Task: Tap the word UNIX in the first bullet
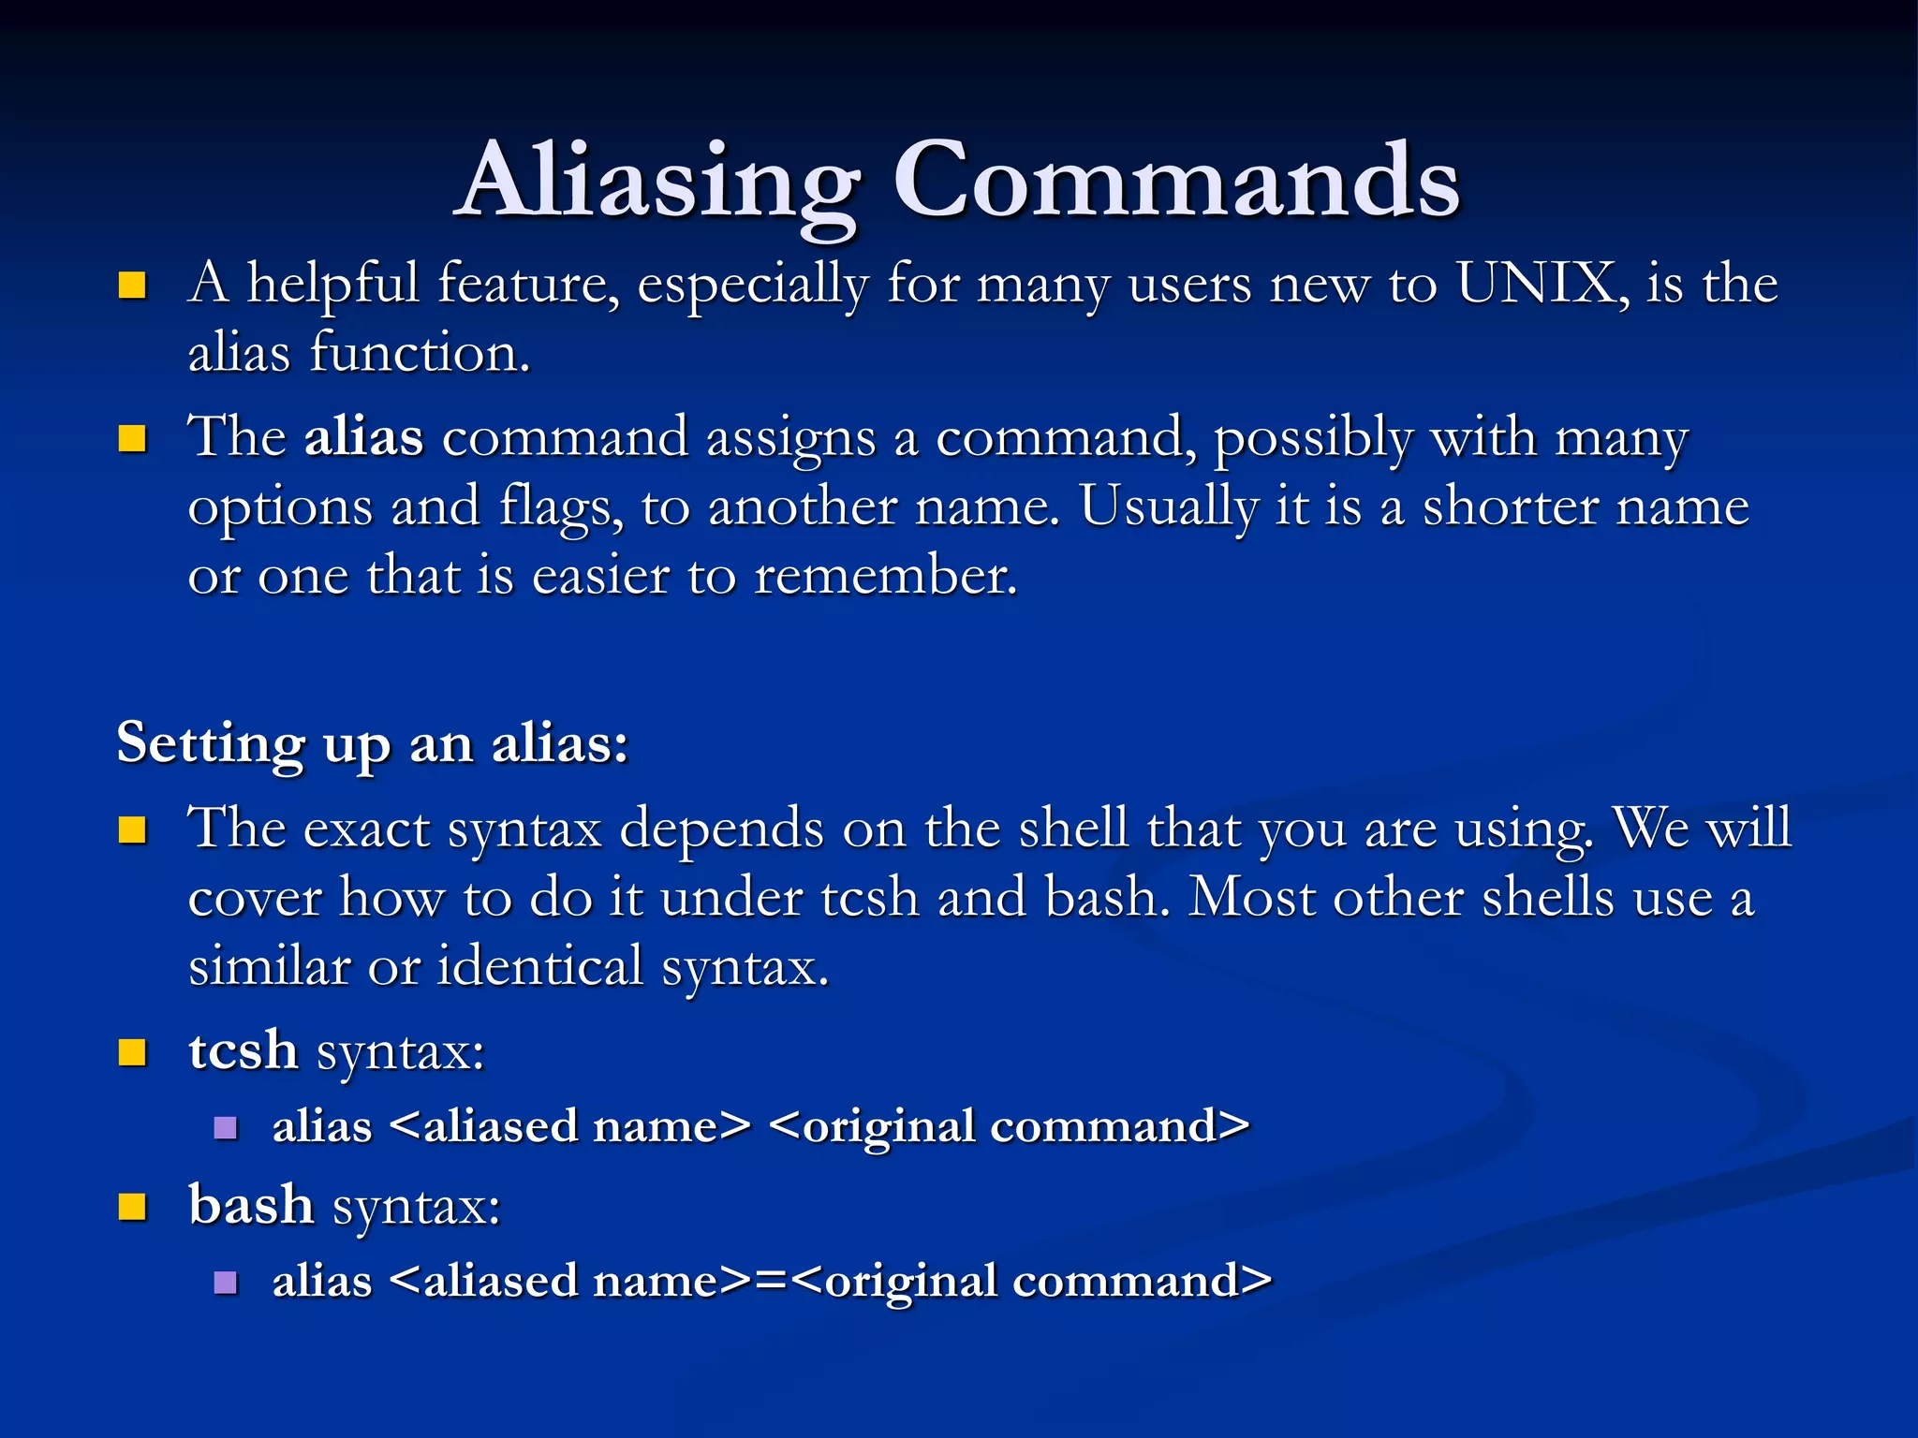click(1536, 283)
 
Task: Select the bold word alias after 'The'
click(363, 437)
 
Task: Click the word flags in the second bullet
click(561, 507)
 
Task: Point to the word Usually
click(1169, 507)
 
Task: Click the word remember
click(884, 576)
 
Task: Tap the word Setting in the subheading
click(211, 744)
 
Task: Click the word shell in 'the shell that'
click(1073, 829)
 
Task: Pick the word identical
click(540, 966)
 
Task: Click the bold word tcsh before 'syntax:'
click(243, 1050)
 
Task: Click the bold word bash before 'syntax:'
click(251, 1205)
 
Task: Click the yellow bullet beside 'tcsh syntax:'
click(133, 1053)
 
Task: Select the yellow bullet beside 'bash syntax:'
click(133, 1208)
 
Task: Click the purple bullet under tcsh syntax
click(226, 1127)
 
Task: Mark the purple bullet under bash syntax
click(226, 1282)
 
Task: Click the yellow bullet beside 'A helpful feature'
click(133, 285)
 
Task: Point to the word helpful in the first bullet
click(332, 283)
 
